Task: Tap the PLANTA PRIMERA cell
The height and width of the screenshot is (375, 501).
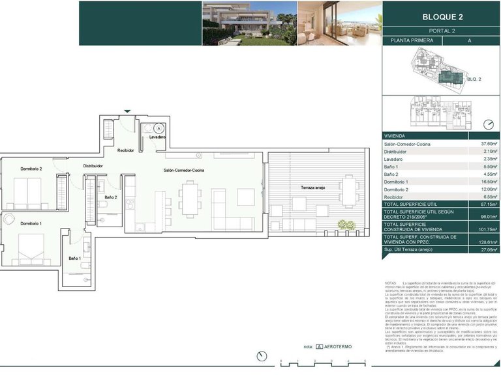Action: [412, 40]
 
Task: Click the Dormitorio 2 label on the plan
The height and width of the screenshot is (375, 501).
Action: [31, 169]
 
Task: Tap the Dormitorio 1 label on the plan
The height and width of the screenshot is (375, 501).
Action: [31, 223]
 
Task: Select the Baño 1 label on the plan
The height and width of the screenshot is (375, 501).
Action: [75, 258]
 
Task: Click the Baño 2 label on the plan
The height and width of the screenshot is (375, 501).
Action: [110, 197]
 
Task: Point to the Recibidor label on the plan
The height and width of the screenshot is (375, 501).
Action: [125, 150]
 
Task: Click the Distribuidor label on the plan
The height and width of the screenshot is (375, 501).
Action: [93, 166]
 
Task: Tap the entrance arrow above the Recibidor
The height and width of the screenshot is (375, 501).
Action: [127, 111]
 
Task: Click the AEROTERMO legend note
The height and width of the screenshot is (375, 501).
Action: [333, 347]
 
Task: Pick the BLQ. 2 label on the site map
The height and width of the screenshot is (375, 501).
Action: [474, 79]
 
